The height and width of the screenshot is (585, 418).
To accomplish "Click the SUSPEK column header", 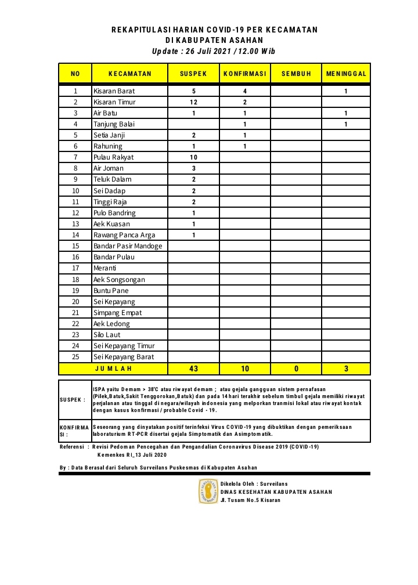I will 193,74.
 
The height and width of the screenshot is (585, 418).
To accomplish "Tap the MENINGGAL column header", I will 346,74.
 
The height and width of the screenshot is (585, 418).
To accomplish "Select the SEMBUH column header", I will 296,74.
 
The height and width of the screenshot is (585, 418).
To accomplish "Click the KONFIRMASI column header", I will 244,74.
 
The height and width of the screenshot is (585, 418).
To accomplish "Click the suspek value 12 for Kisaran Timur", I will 193,102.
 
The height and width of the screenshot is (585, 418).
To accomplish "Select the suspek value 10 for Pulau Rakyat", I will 193,157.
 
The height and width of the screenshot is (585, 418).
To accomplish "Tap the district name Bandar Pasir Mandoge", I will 128,246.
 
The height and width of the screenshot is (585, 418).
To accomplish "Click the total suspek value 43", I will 193,369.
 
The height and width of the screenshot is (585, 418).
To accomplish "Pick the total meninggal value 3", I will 346,369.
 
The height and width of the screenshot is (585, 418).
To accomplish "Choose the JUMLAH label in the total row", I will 113,369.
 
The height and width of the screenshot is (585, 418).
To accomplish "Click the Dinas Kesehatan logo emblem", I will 208,491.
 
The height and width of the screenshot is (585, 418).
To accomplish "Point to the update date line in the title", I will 214,51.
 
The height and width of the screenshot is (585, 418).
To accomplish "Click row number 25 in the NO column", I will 75,357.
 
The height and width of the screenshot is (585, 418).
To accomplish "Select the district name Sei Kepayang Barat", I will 124,357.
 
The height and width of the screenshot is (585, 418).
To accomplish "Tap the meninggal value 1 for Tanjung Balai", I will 346,124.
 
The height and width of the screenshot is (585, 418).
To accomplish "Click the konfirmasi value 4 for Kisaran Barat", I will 244,91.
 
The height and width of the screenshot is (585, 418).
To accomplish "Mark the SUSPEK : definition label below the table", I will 73,399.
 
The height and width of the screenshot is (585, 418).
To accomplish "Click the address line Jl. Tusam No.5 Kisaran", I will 250,500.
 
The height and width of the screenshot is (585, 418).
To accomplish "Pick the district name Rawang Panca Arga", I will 124,235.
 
